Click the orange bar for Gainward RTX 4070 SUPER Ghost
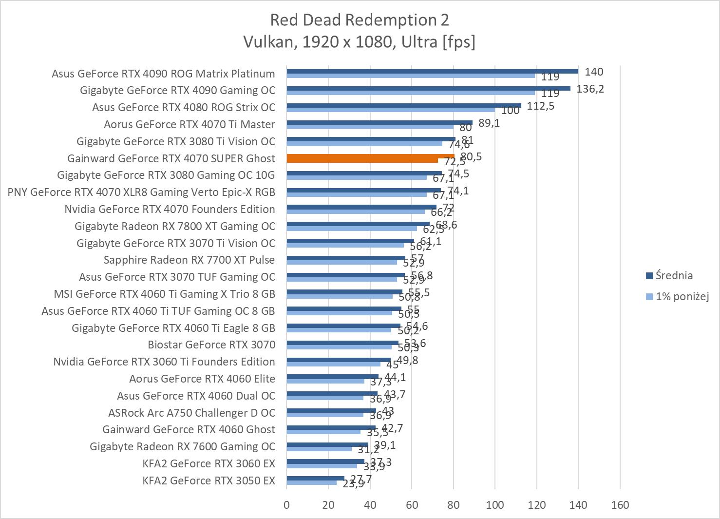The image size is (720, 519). (x=370, y=157)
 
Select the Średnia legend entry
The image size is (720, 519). (x=674, y=275)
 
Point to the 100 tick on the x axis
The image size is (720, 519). (x=494, y=505)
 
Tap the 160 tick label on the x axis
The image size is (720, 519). (x=620, y=505)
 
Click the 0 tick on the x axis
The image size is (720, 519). (x=286, y=505)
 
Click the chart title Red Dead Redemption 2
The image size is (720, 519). (x=360, y=20)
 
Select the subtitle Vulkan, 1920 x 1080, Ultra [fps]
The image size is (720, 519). (x=360, y=42)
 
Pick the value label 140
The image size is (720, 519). (x=594, y=72)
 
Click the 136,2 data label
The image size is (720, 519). (x=590, y=89)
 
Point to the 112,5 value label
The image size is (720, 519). (x=540, y=106)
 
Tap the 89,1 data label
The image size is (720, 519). (x=489, y=123)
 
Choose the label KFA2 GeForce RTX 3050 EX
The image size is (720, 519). (x=208, y=481)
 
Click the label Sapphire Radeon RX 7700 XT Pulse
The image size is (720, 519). (x=189, y=260)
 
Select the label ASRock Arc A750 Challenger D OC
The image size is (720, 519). (x=191, y=413)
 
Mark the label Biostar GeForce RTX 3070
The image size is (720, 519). (x=211, y=345)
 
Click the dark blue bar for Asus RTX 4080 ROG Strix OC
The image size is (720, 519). (x=404, y=105)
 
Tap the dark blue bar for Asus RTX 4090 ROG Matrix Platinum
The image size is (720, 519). (x=432, y=71)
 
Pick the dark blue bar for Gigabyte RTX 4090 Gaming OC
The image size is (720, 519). (x=428, y=88)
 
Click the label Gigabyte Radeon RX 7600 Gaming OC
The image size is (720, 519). (x=182, y=446)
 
